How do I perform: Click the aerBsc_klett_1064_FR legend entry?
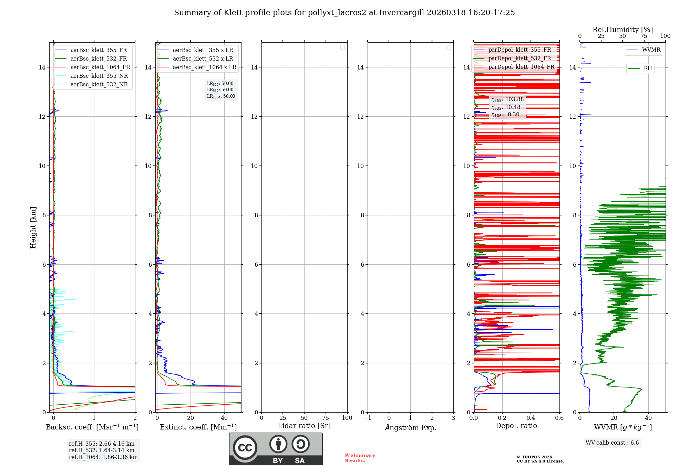pyautogui.click(x=100, y=67)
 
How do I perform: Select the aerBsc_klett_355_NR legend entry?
pyautogui.click(x=99, y=76)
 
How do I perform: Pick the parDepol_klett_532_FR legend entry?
pyautogui.click(x=520, y=58)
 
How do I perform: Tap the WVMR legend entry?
pyautogui.click(x=651, y=50)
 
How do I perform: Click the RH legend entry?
pyautogui.click(x=648, y=68)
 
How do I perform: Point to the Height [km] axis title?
pyautogui.click(x=33, y=227)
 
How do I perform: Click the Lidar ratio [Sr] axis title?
pyautogui.click(x=304, y=426)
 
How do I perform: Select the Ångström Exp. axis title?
pyautogui.click(x=410, y=428)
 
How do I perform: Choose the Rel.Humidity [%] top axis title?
pyautogui.click(x=623, y=30)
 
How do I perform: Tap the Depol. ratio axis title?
pyautogui.click(x=516, y=426)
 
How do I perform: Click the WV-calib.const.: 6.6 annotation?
pyautogui.click(x=612, y=443)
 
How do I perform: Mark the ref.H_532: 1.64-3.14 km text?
pyautogui.click(x=102, y=450)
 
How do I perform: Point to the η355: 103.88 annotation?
pyautogui.click(x=507, y=99)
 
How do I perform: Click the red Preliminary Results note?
pyautogui.click(x=360, y=458)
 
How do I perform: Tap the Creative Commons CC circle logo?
pyautogui.click(x=245, y=448)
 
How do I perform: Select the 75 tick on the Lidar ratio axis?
pyautogui.click(x=326, y=418)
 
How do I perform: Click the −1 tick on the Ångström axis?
pyautogui.click(x=367, y=418)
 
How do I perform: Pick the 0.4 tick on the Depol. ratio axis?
pyautogui.click(x=531, y=418)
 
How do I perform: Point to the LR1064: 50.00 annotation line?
pyautogui.click(x=221, y=96)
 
